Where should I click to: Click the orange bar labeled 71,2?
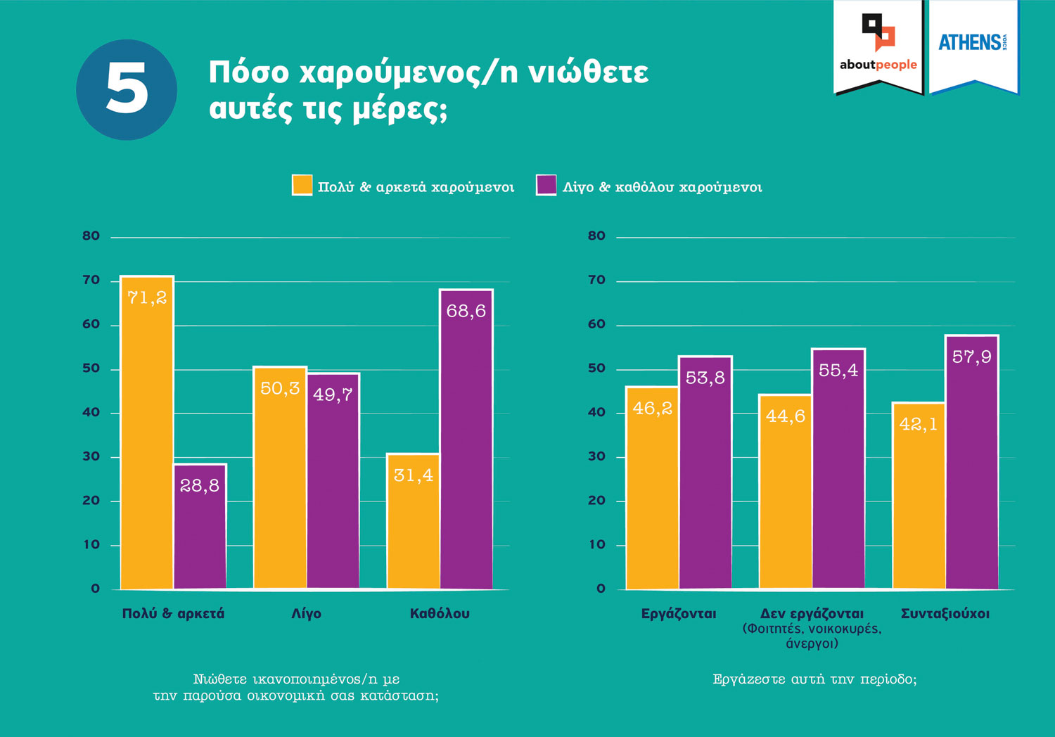click(147, 432)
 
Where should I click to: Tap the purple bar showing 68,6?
click(466, 440)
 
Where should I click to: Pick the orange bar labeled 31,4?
click(413, 521)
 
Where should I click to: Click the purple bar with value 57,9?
click(972, 462)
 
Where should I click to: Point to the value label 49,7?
click(333, 395)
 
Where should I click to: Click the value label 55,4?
click(838, 371)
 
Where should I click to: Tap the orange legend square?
click(302, 186)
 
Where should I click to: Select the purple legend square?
click(546, 186)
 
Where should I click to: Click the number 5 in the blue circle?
click(127, 89)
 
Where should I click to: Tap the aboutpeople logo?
click(878, 46)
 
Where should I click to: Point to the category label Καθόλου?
click(440, 613)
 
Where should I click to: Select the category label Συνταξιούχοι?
click(945, 613)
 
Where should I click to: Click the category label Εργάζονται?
click(679, 613)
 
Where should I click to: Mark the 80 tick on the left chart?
click(91, 236)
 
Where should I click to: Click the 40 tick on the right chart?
click(596, 412)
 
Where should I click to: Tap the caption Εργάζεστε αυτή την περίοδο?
click(814, 679)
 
